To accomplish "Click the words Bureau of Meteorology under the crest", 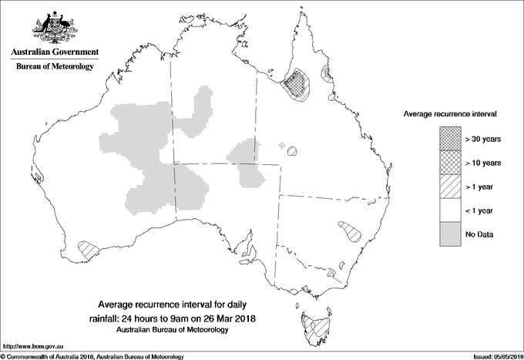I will (55, 67).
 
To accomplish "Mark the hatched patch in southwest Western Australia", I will (89, 248).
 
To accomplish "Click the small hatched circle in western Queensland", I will (293, 152).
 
